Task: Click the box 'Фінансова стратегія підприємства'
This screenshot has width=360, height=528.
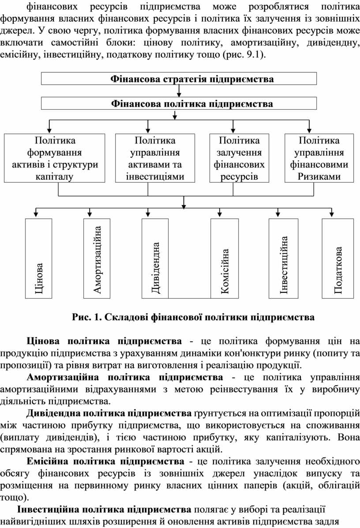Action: (179, 79)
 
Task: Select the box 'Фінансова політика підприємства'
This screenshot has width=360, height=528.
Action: (179, 104)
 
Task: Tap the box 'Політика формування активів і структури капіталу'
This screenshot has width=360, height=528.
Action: (55, 158)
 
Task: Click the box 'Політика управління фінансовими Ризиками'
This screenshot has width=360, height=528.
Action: (319, 158)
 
